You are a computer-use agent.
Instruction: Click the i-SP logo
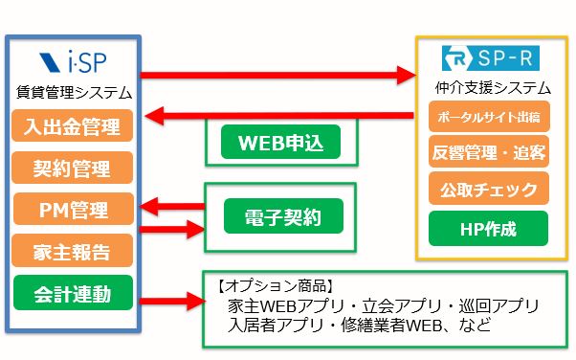pyautogui.click(x=73, y=61)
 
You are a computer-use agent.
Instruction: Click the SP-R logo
pyautogui.click(x=491, y=57)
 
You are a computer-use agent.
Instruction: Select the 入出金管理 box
pyautogui.click(x=73, y=125)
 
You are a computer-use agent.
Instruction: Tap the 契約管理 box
pyautogui.click(x=73, y=168)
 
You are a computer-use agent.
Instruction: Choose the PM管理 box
pyautogui.click(x=74, y=209)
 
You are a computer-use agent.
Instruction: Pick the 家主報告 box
pyautogui.click(x=73, y=251)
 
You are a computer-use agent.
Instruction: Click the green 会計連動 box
pyautogui.click(x=73, y=293)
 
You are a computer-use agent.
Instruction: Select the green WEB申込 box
pyautogui.click(x=280, y=142)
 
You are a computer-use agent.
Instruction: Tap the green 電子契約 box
pyautogui.click(x=283, y=215)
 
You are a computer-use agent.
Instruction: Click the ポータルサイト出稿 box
pyautogui.click(x=489, y=117)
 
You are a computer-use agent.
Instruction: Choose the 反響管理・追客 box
pyautogui.click(x=489, y=152)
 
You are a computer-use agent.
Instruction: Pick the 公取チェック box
pyautogui.click(x=489, y=189)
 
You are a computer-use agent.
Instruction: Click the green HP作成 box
pyautogui.click(x=488, y=229)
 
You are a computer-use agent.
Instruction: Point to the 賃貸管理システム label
pyautogui.click(x=74, y=92)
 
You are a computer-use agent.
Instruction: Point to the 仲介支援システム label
pyautogui.click(x=493, y=88)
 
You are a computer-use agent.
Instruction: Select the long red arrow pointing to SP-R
pyautogui.click(x=278, y=75)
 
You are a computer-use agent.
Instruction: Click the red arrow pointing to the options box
pyautogui.click(x=172, y=302)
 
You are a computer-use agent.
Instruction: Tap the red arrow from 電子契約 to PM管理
pyautogui.click(x=172, y=206)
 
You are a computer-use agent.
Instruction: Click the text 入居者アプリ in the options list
pyautogui.click(x=276, y=326)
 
